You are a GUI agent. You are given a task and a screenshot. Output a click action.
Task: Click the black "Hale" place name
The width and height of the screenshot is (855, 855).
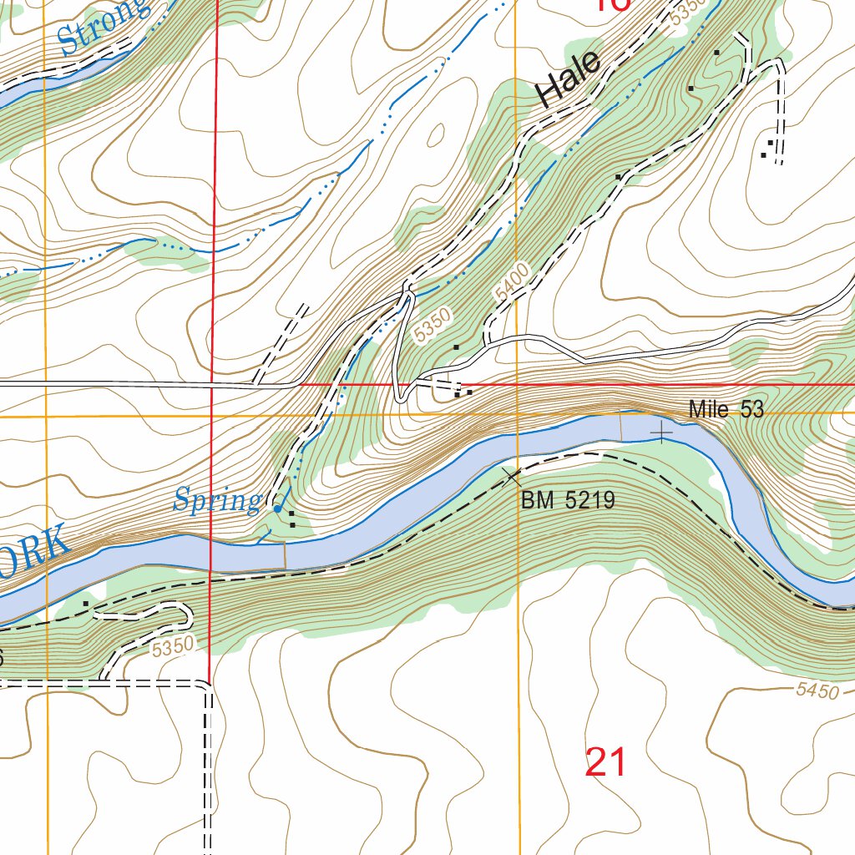(569, 78)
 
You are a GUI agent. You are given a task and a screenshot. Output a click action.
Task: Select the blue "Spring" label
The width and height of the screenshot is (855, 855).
(217, 501)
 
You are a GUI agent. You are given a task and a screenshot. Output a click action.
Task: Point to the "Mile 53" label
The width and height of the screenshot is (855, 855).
(726, 409)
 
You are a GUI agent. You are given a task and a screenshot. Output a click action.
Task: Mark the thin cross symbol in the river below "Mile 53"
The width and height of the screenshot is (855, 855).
(661, 433)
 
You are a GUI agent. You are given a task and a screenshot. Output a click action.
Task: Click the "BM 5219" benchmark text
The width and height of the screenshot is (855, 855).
(568, 500)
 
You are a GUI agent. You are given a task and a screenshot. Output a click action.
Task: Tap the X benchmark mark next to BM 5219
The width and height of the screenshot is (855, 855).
(510, 477)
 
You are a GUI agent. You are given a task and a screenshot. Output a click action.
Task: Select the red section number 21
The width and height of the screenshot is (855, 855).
(605, 762)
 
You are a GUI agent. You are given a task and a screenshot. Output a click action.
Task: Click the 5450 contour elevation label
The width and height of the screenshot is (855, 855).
(816, 691)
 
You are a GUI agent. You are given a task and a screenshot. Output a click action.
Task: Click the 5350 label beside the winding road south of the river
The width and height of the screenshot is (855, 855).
(174, 645)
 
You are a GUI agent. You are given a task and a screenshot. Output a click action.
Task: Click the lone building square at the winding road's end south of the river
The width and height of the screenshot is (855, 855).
(86, 602)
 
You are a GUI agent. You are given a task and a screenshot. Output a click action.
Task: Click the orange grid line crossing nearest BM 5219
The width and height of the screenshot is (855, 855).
(518, 415)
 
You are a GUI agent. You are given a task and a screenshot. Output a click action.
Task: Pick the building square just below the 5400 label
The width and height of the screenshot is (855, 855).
(456, 347)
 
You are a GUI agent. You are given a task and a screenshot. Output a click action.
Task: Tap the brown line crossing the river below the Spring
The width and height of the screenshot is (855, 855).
(286, 554)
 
